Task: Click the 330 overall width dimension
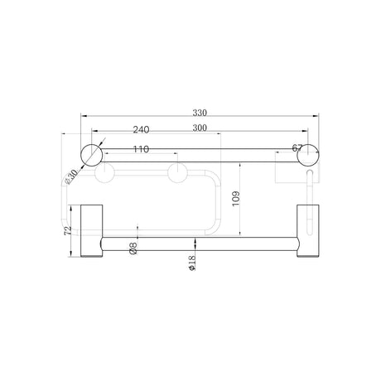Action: tap(200, 113)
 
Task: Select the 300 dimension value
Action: tap(200, 128)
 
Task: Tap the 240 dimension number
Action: tap(141, 129)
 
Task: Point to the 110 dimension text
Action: tap(141, 149)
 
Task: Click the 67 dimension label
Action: tap(297, 148)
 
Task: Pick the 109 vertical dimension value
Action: tap(236, 199)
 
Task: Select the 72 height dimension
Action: tap(68, 231)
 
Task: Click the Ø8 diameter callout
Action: tap(133, 248)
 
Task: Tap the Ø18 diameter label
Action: tap(192, 263)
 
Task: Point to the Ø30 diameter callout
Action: tap(71, 176)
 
